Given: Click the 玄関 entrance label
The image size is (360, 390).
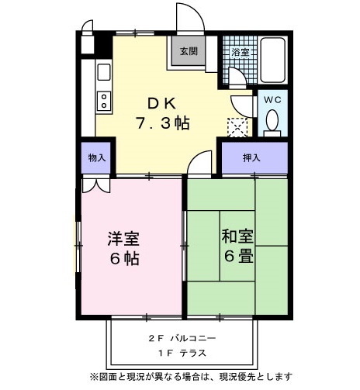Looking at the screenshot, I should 189,52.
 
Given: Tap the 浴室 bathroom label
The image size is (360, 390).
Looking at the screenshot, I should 241,52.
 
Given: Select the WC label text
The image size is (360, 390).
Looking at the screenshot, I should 272,100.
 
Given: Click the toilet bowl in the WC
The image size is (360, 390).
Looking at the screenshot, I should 272,121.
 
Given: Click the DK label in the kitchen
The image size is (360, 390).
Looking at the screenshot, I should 162,102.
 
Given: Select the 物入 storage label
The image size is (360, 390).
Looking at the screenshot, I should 96,157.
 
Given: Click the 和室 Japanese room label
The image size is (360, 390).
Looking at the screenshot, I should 238,235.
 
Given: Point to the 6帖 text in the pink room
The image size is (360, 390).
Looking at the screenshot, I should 123,259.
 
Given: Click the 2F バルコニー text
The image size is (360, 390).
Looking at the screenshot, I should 182,339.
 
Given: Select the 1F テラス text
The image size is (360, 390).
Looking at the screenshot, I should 182,354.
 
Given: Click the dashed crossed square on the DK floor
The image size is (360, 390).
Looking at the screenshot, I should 235,126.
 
